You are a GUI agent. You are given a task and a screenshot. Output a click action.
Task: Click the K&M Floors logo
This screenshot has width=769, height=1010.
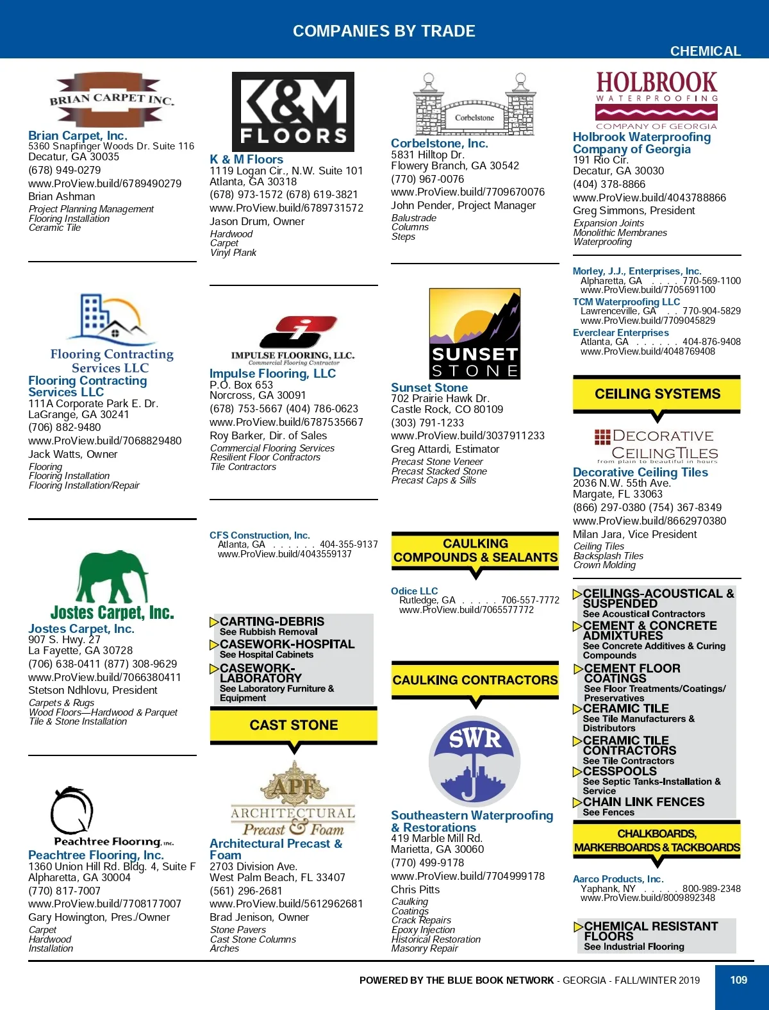coord(293,112)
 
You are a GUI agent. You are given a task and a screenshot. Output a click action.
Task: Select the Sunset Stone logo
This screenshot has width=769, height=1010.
coord(474,333)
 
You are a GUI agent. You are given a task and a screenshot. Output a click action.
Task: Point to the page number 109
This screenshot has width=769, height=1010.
coord(739,980)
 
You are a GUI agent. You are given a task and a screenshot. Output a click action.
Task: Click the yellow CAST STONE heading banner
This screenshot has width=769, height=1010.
coord(294,725)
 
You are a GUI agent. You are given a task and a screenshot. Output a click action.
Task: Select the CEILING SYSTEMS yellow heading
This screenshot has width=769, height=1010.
coord(657,394)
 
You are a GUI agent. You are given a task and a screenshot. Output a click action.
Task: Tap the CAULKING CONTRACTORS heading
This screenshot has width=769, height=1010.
coord(475,680)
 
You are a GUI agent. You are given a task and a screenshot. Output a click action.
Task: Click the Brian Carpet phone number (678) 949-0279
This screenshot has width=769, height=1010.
coord(65,170)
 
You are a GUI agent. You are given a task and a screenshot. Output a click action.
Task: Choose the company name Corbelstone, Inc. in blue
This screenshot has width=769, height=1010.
coord(440,144)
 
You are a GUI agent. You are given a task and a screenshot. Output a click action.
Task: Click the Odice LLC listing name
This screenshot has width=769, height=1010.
coord(415,591)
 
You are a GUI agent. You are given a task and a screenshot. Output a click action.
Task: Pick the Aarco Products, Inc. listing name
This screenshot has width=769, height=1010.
coord(618,879)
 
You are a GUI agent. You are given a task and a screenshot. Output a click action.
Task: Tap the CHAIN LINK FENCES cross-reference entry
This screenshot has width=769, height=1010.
coord(643,802)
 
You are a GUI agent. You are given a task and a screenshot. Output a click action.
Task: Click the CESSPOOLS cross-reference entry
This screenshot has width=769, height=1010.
coord(620,771)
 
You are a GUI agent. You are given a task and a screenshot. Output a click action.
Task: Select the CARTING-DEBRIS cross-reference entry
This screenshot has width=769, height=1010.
coord(272,621)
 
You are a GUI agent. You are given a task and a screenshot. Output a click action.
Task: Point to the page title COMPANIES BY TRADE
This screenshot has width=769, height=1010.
coord(384,31)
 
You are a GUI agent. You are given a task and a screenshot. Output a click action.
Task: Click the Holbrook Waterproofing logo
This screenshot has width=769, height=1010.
coord(656,100)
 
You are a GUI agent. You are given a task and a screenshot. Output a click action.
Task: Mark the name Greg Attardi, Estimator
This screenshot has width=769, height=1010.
coord(445,449)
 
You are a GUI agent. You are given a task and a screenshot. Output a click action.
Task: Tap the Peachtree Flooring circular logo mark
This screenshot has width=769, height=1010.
coord(72,811)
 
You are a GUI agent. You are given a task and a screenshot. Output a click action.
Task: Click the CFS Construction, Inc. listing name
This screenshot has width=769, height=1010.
coord(260,535)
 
